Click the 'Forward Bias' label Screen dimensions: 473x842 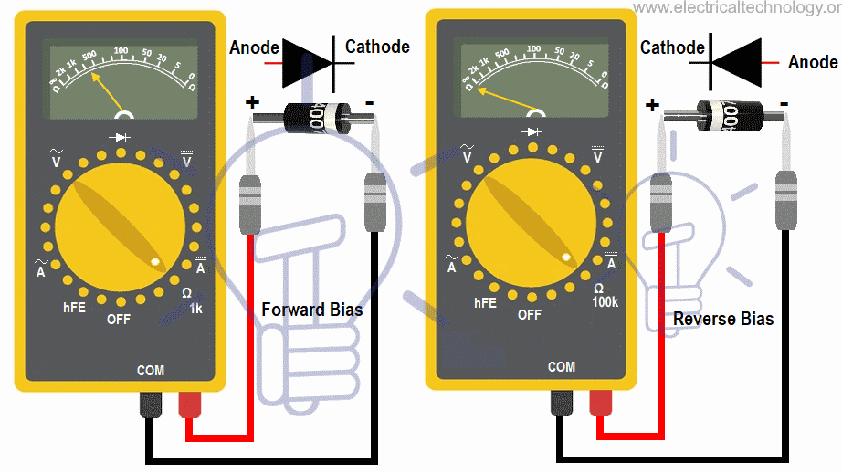(311, 310)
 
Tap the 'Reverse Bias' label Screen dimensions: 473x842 (722, 319)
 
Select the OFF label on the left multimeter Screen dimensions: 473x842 (119, 319)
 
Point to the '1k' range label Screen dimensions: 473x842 (195, 309)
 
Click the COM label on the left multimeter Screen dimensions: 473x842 (151, 371)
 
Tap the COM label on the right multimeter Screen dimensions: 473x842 (561, 366)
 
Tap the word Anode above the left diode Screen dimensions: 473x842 (254, 47)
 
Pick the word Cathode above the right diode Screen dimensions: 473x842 (672, 47)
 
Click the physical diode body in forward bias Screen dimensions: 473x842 (312, 116)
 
